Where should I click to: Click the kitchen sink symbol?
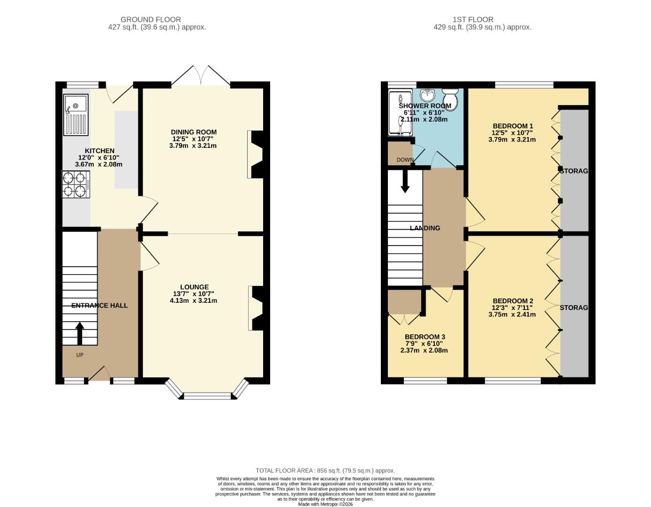[x=76, y=115]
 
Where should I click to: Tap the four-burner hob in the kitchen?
[x=76, y=184]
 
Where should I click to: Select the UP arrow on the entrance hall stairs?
[x=79, y=333]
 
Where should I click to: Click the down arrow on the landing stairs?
[x=405, y=181]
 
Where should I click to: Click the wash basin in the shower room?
[x=427, y=95]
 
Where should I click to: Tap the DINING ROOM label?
[x=194, y=132]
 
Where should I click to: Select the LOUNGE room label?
[x=194, y=287]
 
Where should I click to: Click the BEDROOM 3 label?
[x=424, y=337]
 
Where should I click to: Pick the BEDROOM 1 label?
[x=513, y=126]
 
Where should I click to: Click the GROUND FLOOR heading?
[x=151, y=19]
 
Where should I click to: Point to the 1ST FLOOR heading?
[x=473, y=19]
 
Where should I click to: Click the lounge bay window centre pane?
[x=207, y=396]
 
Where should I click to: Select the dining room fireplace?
[x=256, y=154]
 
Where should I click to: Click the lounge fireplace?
[x=256, y=308]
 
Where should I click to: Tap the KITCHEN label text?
[x=99, y=151]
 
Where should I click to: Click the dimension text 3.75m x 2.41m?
[x=512, y=315]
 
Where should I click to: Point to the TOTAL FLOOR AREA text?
[x=325, y=470]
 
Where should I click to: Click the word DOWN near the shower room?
[x=405, y=160]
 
